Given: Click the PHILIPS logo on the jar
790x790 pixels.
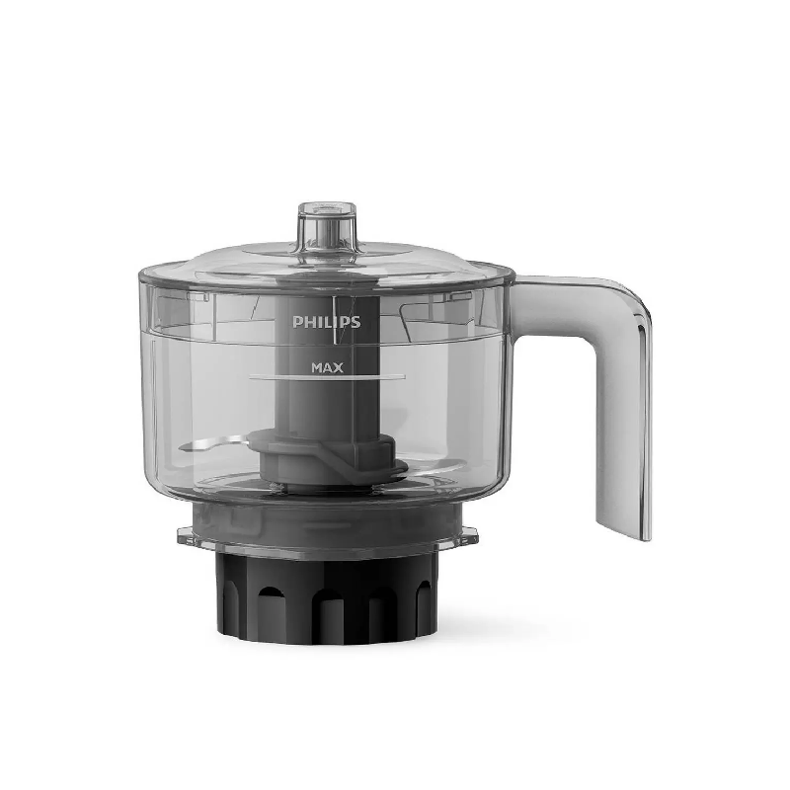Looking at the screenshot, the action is [327, 322].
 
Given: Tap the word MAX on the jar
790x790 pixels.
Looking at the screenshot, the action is [328, 367].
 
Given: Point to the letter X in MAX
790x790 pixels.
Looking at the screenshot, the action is [338, 367].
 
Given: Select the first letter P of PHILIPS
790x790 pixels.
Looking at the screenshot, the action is [297, 322].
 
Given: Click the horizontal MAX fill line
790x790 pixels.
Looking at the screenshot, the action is [328, 377].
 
